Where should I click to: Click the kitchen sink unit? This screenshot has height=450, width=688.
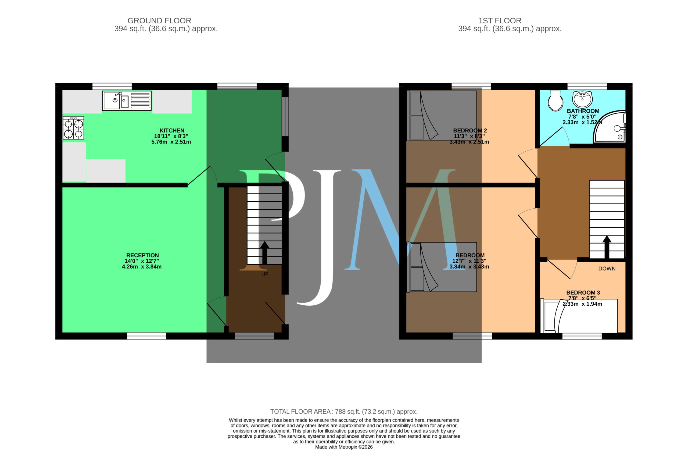(x=127, y=101)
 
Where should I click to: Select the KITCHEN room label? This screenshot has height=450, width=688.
(x=172, y=130)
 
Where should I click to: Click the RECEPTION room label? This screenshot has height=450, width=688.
(x=142, y=255)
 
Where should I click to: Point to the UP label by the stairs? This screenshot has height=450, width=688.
(x=265, y=274)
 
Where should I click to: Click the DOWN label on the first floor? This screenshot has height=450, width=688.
(x=607, y=269)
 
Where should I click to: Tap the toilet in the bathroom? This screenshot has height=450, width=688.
(x=556, y=101)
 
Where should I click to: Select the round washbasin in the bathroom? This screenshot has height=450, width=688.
(x=582, y=99)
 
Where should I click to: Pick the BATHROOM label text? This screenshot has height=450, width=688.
(x=583, y=111)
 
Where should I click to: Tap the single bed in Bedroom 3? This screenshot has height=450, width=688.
(x=579, y=316)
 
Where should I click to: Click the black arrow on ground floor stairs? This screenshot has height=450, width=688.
(x=264, y=253)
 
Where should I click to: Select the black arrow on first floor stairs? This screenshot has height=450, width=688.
(x=607, y=247)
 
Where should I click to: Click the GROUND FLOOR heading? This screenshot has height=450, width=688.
(x=159, y=21)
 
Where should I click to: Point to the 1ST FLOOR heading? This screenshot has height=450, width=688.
(x=500, y=21)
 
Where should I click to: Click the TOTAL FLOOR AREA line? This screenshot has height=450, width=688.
(x=344, y=412)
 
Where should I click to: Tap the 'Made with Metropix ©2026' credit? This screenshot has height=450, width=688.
(x=344, y=447)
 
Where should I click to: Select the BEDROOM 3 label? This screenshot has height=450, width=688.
(x=583, y=293)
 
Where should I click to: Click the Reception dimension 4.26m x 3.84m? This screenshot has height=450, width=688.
(x=142, y=267)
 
